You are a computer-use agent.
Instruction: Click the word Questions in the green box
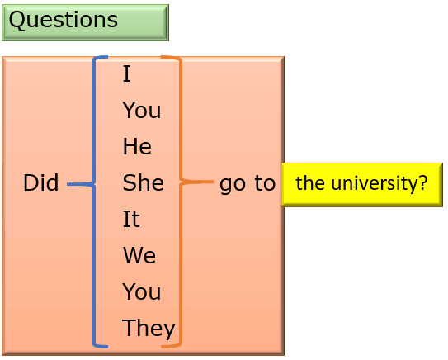(x=64, y=20)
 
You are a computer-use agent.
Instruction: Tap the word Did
(x=41, y=182)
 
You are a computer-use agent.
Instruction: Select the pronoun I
(x=126, y=73)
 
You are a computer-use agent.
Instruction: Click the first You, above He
(x=141, y=110)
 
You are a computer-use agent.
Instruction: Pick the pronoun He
(x=137, y=146)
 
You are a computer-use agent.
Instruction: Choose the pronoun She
(x=143, y=182)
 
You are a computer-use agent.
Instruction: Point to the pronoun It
(x=131, y=219)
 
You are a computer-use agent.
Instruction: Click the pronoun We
(x=139, y=255)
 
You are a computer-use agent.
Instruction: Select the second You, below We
(x=141, y=291)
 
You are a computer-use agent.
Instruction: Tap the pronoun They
(x=149, y=329)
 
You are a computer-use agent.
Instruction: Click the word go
(x=233, y=184)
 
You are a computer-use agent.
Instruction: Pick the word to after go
(x=265, y=182)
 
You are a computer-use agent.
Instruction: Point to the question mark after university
(x=422, y=182)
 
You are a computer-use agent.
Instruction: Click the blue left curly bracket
(x=94, y=201)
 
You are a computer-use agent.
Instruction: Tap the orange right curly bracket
(x=181, y=201)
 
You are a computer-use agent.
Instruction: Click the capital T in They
(x=128, y=327)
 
